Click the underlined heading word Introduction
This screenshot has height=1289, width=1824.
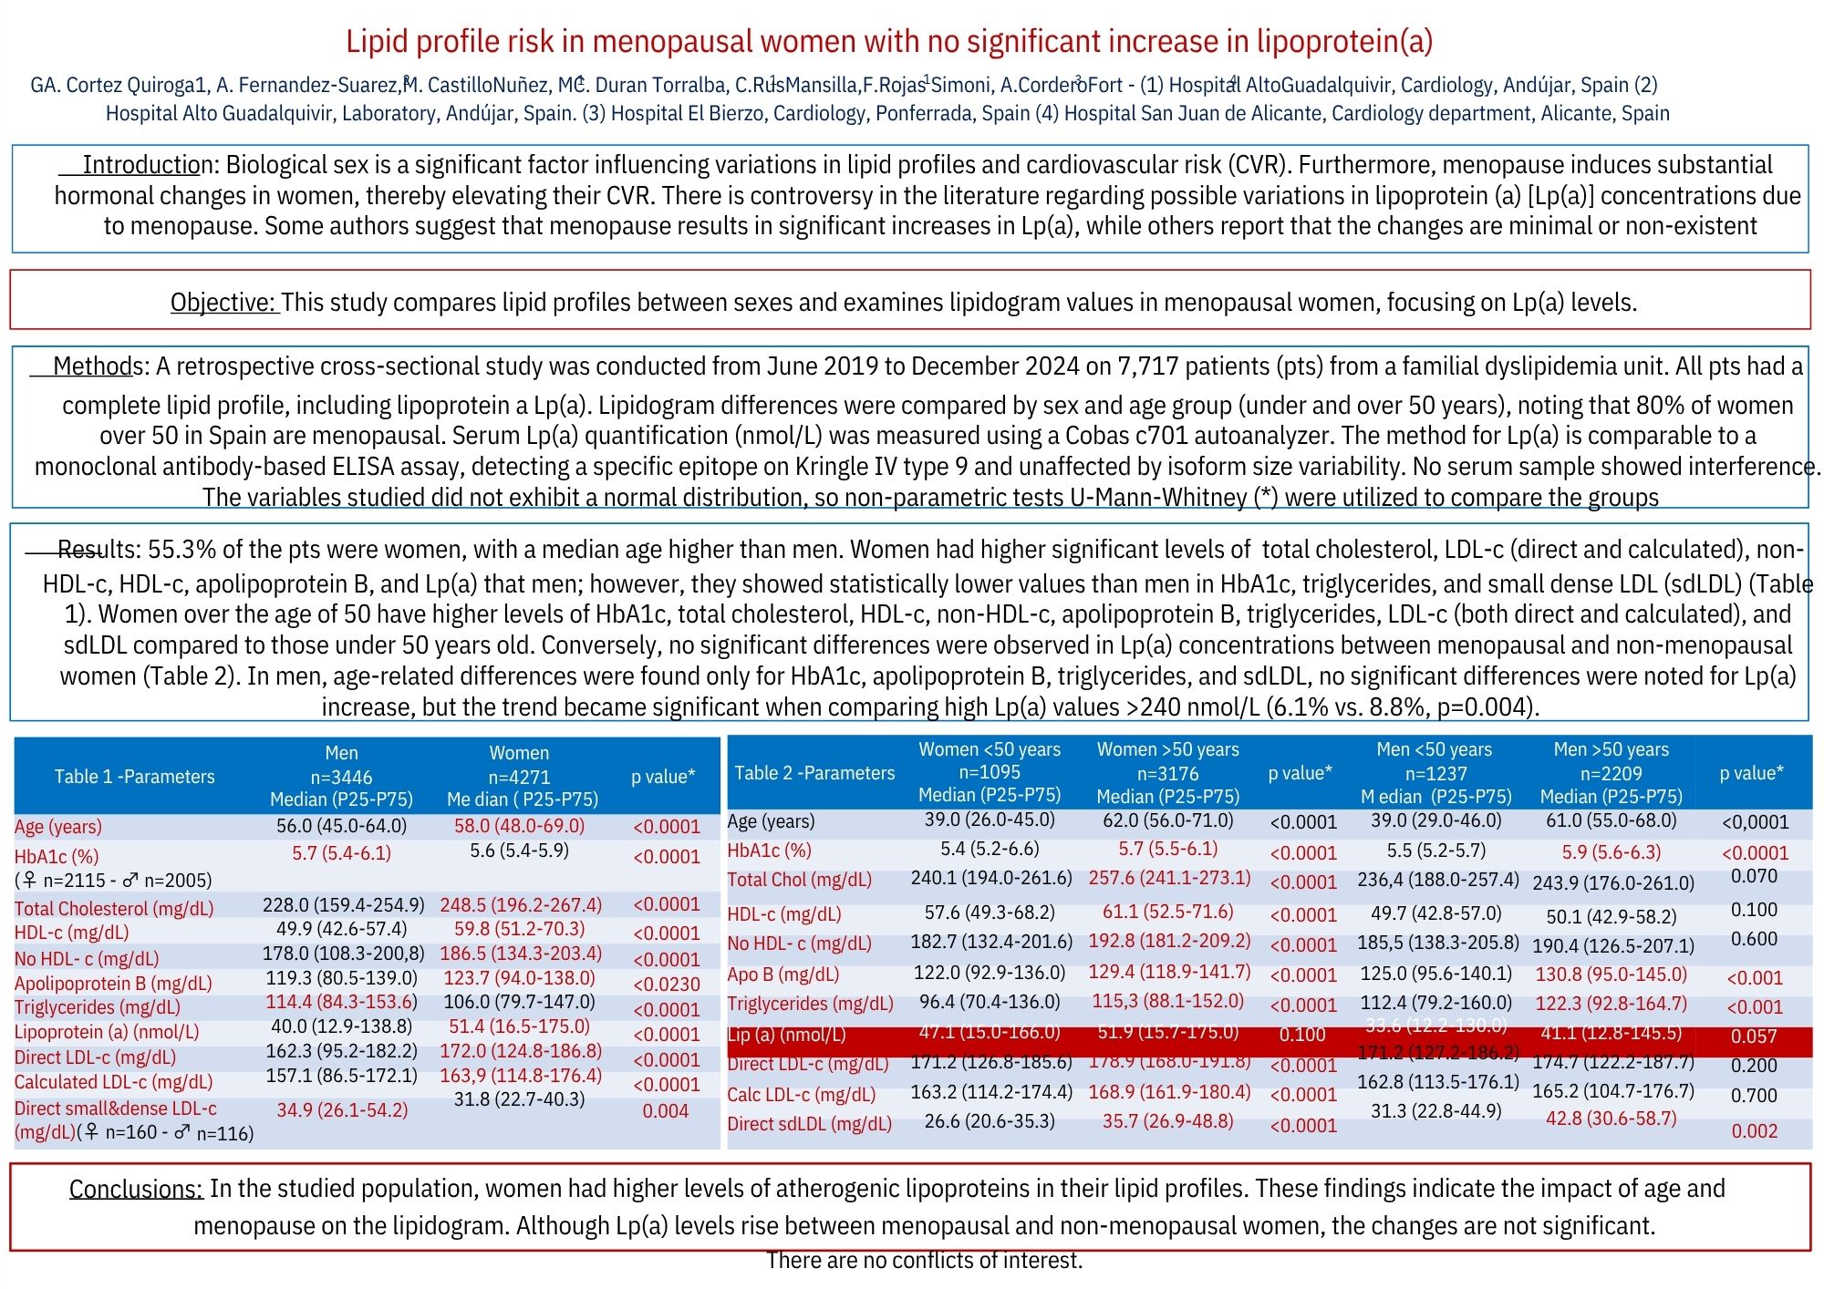[147, 165]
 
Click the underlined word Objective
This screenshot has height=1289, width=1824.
[223, 303]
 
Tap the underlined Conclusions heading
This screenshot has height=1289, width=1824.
[136, 1189]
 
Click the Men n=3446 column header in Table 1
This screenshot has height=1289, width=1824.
[341, 776]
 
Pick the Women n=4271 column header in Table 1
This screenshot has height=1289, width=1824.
[520, 776]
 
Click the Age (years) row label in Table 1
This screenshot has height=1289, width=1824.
[58, 827]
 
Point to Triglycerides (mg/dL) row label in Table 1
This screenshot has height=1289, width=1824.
[98, 1007]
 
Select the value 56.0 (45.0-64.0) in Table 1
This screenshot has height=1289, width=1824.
[341, 826]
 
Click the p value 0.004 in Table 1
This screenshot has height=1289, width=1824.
[666, 1111]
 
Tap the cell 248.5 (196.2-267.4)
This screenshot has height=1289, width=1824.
[521, 905]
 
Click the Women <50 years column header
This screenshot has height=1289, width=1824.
[990, 772]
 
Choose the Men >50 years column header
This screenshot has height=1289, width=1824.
[1611, 772]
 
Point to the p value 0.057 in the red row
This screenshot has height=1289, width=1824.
[1753, 1036]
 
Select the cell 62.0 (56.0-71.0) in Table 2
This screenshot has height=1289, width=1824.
[1167, 820]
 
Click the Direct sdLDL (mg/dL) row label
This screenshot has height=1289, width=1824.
[809, 1124]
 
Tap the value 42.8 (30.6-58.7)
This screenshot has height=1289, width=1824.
[1611, 1119]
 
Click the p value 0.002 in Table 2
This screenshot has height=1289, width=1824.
[1754, 1131]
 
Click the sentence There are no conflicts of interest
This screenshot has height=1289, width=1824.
[924, 1261]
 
